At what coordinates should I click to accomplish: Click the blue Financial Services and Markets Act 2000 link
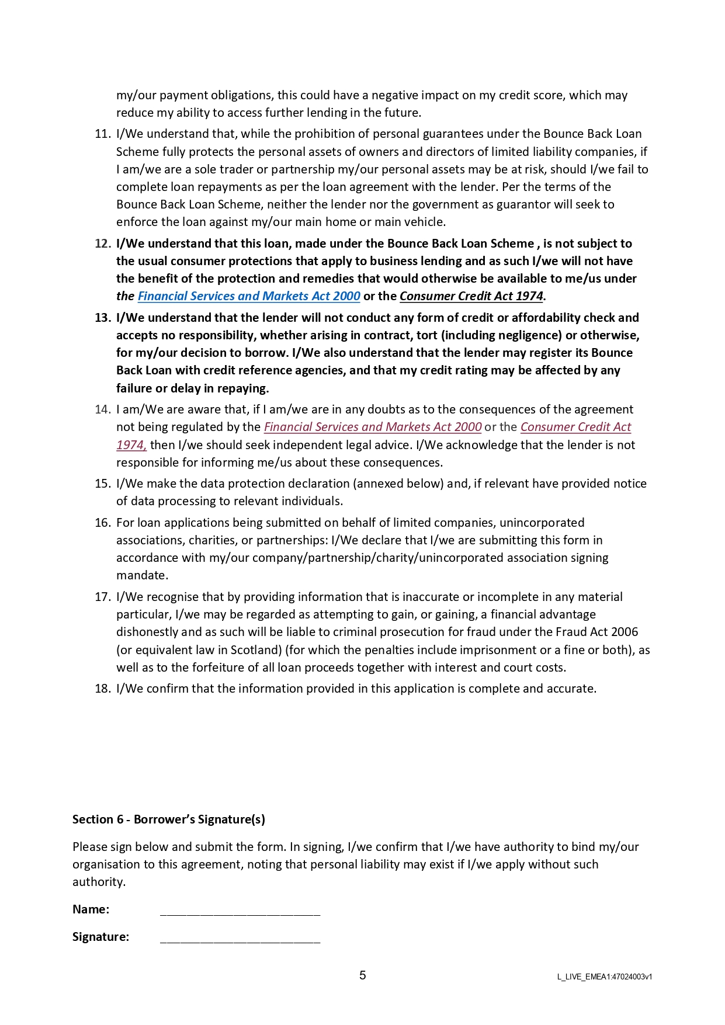[249, 296]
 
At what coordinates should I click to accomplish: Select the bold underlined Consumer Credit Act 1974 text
[471, 296]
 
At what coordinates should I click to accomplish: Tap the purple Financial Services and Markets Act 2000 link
[373, 427]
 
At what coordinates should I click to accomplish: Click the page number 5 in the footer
[363, 975]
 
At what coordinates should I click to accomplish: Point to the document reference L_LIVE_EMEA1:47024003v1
[605, 977]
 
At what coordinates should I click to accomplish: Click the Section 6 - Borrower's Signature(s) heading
[169, 819]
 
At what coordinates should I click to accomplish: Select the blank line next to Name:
[240, 911]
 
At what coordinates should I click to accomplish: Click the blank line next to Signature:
[240, 938]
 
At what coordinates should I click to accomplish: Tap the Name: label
[91, 909]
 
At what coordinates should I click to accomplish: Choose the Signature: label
[100, 937]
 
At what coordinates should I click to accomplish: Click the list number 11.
[102, 134]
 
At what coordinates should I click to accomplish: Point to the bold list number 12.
[102, 244]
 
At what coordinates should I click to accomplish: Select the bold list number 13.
[102, 318]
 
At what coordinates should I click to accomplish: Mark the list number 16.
[102, 523]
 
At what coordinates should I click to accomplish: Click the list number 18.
[102, 689]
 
